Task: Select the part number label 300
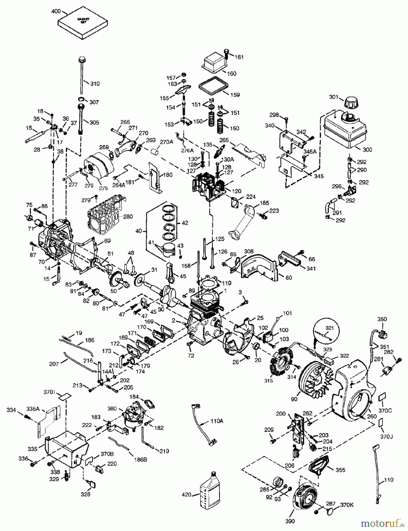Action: pos(367,150)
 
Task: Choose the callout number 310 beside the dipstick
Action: pos(95,83)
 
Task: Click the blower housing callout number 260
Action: pos(372,416)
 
